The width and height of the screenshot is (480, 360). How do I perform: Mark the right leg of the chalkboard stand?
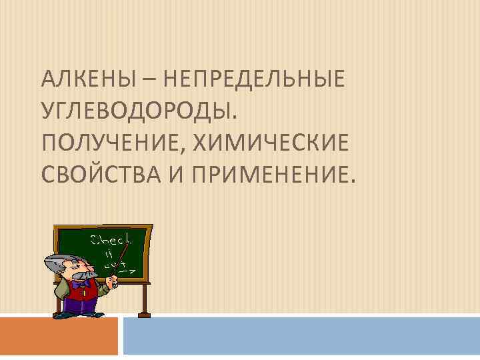(143, 300)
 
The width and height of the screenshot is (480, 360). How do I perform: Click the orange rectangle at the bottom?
(59, 337)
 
